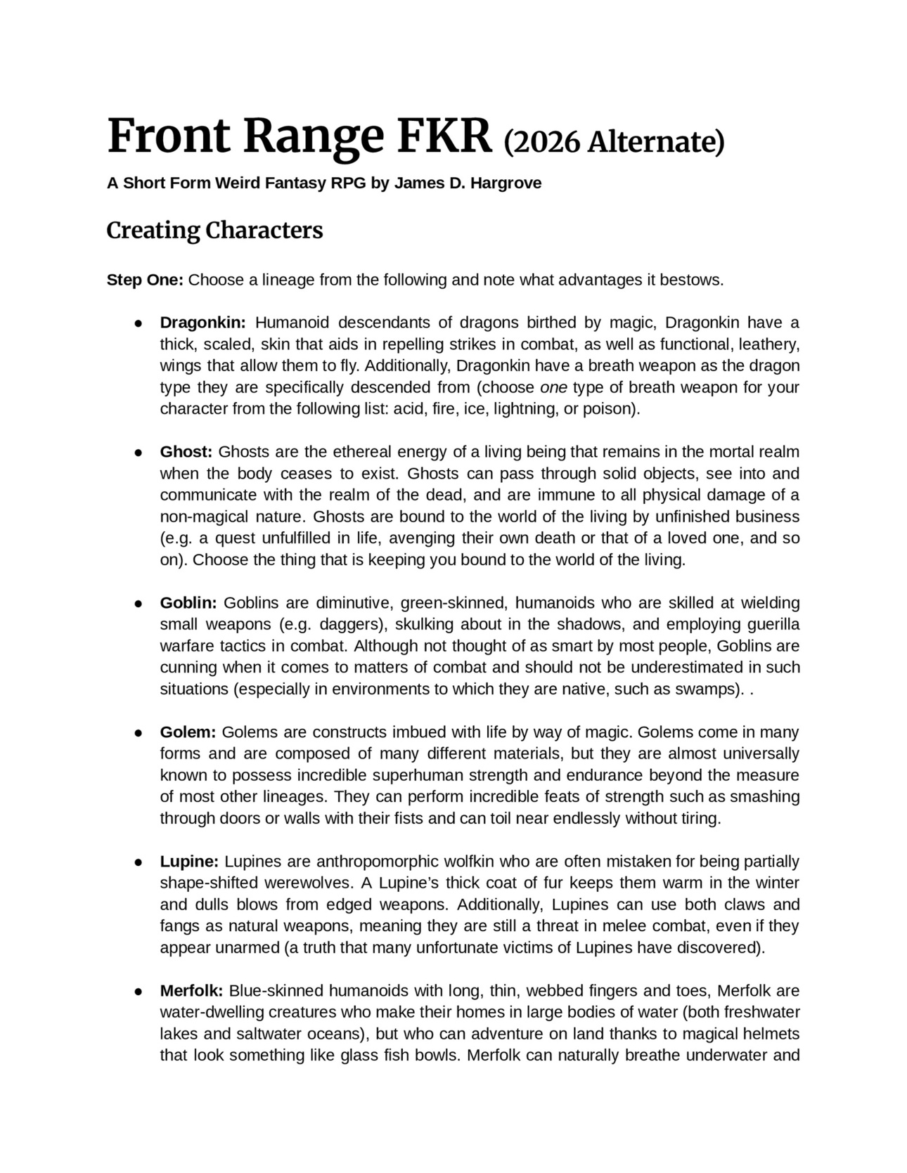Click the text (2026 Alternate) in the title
point(614,141)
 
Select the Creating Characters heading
point(214,230)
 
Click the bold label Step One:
point(145,280)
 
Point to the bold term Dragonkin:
point(202,323)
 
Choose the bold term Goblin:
point(188,603)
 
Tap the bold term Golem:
point(188,732)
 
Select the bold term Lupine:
point(190,862)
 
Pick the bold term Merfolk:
point(191,991)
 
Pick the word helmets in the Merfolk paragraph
point(771,1035)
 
